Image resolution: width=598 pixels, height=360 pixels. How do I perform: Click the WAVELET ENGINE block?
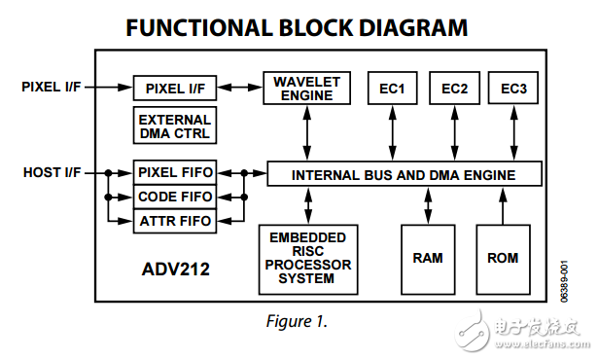(x=306, y=88)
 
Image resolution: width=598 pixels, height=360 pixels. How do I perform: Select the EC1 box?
(x=392, y=89)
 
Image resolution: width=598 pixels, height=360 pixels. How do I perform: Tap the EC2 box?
(x=454, y=89)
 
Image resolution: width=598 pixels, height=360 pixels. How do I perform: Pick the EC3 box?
(x=513, y=89)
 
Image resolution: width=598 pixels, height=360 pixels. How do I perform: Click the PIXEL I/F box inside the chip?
(x=175, y=89)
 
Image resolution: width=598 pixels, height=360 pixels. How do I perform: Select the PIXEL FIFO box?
(x=175, y=173)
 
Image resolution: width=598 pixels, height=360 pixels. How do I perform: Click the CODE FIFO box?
(x=175, y=198)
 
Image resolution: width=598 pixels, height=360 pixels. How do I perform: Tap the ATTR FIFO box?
(x=175, y=222)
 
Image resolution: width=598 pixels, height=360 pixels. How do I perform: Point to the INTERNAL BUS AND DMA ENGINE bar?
(x=404, y=175)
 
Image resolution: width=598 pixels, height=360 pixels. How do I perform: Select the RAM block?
(x=428, y=259)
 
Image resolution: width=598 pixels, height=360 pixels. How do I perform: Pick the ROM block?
(x=503, y=259)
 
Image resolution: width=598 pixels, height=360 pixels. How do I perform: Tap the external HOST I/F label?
(x=51, y=173)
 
